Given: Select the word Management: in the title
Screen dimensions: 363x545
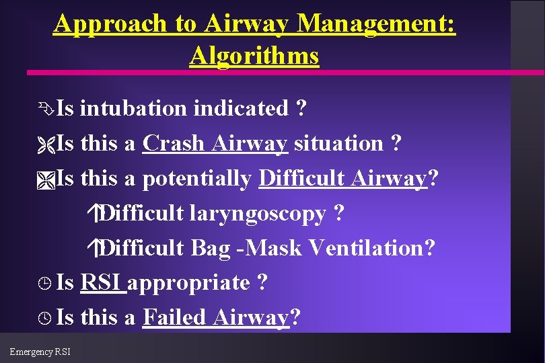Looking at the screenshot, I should coord(376,24).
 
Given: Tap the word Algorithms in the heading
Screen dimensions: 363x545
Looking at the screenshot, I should coord(254,56).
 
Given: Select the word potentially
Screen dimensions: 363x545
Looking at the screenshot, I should coord(197,178).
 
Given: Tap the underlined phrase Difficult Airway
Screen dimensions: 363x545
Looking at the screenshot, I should coord(343,178).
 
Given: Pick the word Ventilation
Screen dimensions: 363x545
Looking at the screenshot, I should coord(371,248).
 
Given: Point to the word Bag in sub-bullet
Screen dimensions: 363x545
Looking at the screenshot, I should coord(209,248).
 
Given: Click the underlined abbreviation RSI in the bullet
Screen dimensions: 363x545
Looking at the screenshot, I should coord(102,283).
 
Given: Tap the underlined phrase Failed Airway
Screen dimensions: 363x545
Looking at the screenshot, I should coord(215,317).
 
